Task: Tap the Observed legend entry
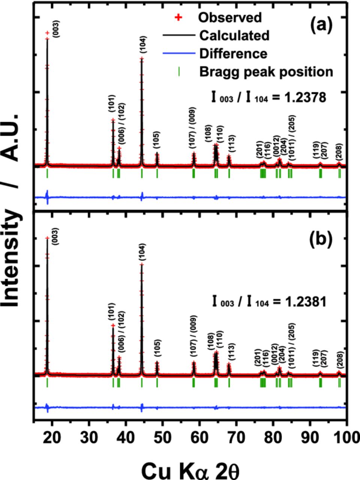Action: point(230,17)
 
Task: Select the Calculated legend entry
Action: point(234,36)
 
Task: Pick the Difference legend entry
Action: point(233,54)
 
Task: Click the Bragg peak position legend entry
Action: point(266,71)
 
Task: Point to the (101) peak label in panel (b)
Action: point(112,313)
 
